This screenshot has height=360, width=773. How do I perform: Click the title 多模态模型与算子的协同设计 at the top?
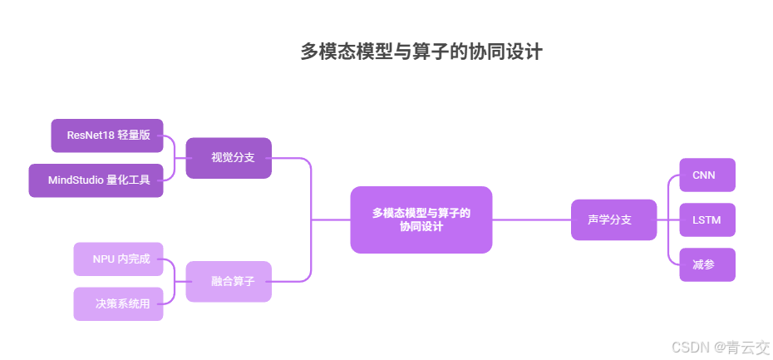tap(421, 52)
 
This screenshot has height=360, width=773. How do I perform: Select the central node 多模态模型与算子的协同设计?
tap(421, 219)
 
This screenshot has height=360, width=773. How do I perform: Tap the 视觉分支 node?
tap(229, 158)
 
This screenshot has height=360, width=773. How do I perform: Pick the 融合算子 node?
tap(229, 282)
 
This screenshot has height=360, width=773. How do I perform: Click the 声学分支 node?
tap(613, 219)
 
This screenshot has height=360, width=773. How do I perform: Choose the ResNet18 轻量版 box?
tap(107, 136)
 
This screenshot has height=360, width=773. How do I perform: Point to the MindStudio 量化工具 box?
tap(96, 180)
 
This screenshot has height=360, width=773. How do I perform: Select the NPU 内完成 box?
tap(118, 259)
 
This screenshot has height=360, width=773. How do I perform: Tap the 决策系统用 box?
tap(118, 303)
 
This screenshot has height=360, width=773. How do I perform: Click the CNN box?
tap(707, 175)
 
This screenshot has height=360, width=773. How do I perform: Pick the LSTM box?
tap(707, 219)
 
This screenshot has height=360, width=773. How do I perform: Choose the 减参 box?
tap(707, 264)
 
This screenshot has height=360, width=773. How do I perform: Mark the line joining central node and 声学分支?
tap(532, 219)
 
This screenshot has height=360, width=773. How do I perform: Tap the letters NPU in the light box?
tap(104, 259)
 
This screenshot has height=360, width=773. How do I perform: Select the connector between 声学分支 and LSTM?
tap(668, 219)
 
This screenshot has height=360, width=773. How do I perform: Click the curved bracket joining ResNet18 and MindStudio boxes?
tap(175, 158)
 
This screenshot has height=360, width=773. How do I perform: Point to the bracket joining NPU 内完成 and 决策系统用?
tap(175, 281)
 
